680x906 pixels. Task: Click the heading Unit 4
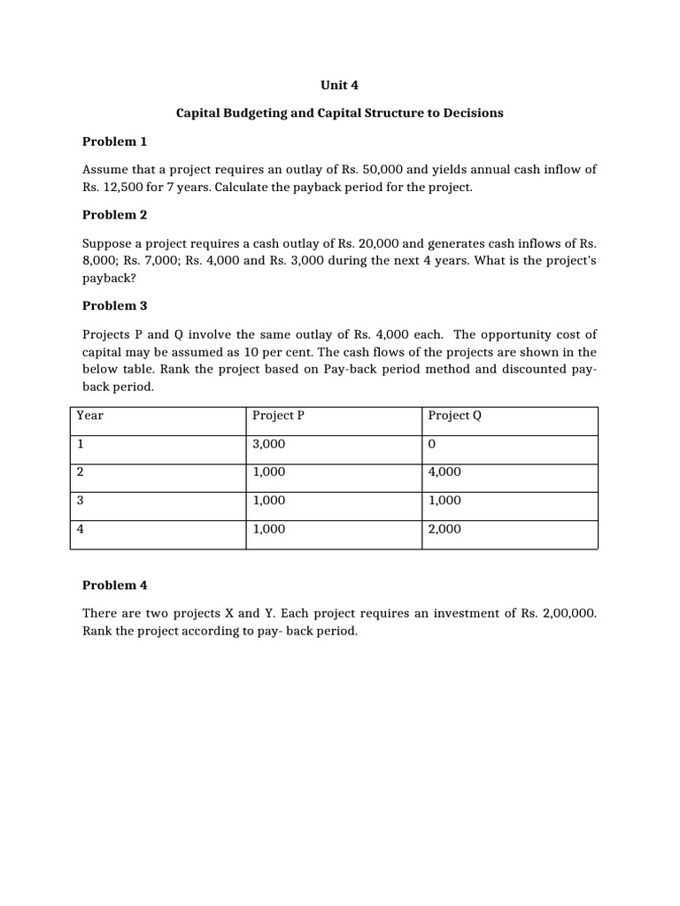pyautogui.click(x=339, y=86)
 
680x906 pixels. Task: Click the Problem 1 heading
pyautogui.click(x=114, y=142)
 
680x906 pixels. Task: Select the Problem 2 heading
pyautogui.click(x=114, y=215)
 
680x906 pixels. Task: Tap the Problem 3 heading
pyautogui.click(x=114, y=306)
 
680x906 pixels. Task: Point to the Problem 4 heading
pyautogui.click(x=114, y=585)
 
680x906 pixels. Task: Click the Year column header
pyautogui.click(x=90, y=416)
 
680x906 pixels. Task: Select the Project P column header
pyautogui.click(x=278, y=416)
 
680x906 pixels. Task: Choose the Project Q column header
pyautogui.click(x=454, y=416)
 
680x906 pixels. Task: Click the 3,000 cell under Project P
pyautogui.click(x=269, y=444)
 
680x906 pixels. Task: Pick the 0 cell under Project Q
pyautogui.click(x=431, y=444)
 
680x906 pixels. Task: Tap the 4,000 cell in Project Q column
pyautogui.click(x=444, y=472)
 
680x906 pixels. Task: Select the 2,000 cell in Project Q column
pyautogui.click(x=444, y=529)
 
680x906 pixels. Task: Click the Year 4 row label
pyautogui.click(x=81, y=529)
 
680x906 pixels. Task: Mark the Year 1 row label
pyautogui.click(x=81, y=444)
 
